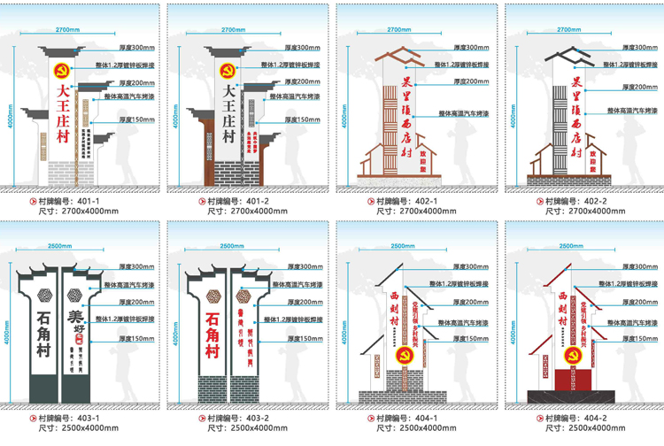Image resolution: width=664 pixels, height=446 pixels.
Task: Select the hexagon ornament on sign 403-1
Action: pos(75,295)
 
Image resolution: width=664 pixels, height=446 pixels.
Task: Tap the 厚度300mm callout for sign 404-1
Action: pos(465,266)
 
